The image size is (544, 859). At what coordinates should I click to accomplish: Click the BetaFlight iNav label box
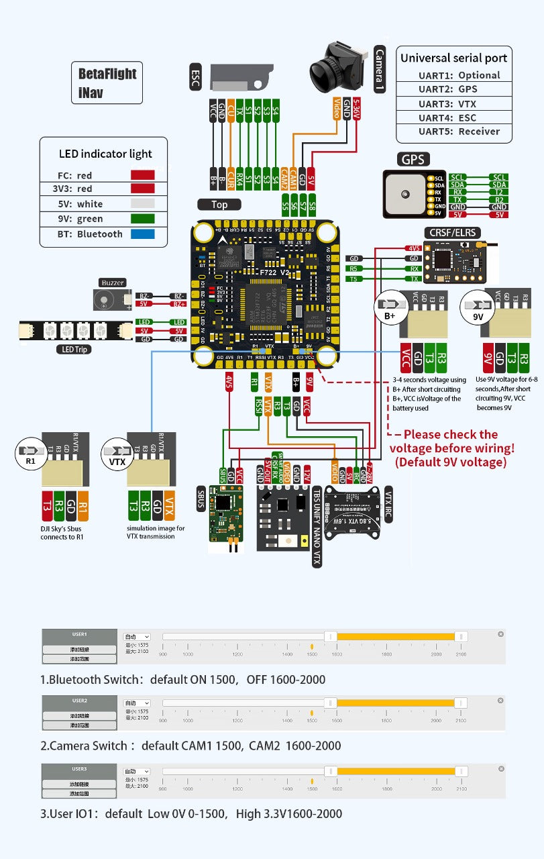107,83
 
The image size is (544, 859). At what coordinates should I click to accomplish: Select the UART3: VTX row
453,103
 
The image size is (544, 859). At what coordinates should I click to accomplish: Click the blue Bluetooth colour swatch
143,234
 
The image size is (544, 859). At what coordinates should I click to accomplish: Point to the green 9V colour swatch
143,219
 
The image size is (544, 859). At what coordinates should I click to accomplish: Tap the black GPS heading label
413,160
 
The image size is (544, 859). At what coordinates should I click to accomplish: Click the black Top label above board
219,205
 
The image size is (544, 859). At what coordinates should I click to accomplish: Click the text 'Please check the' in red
450,434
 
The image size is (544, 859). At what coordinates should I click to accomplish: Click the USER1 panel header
80,634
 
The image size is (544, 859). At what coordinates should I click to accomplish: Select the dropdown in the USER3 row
137,771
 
